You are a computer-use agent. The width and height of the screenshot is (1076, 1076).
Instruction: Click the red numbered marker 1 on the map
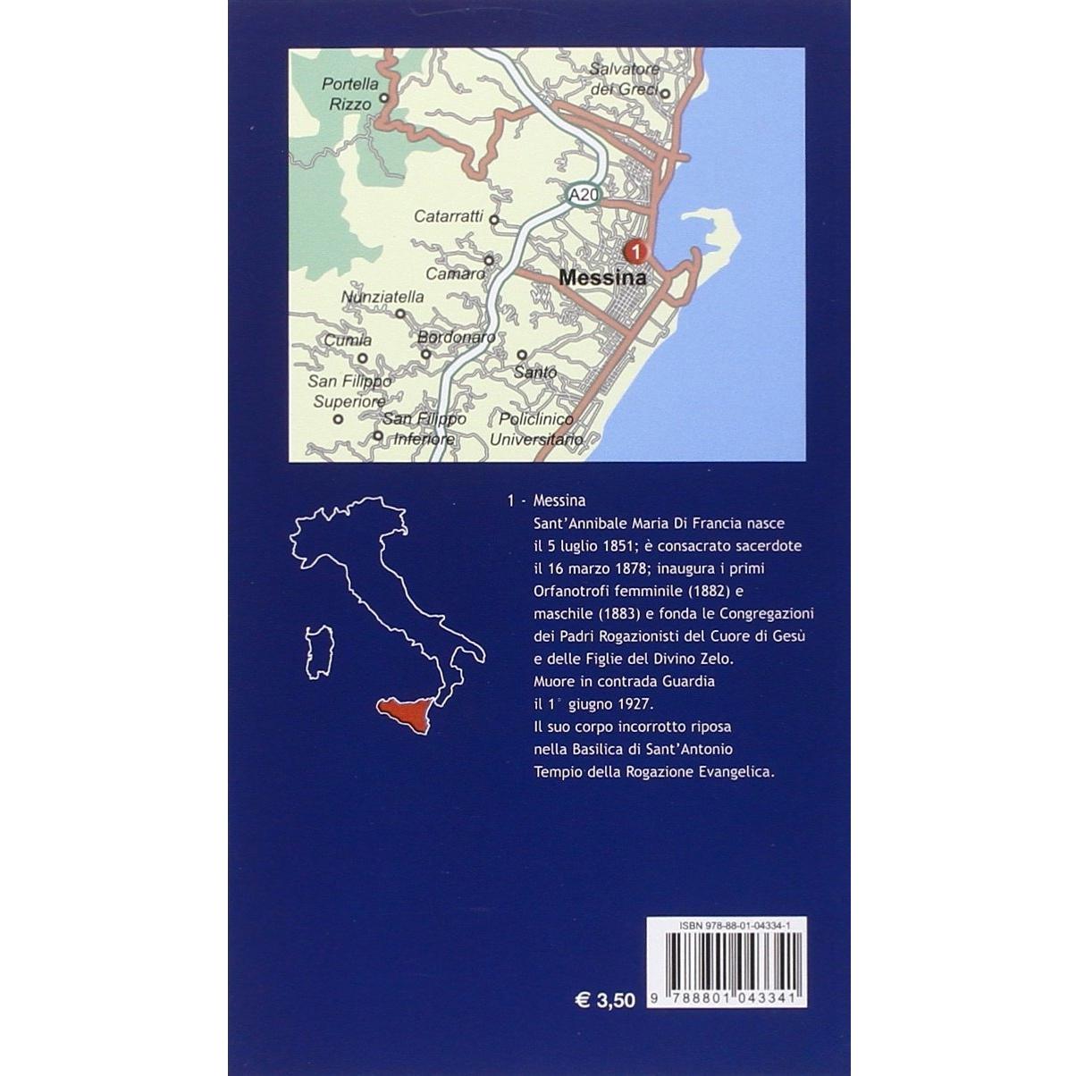[x=635, y=252]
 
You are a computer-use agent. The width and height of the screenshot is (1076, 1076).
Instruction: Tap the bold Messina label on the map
[x=602, y=278]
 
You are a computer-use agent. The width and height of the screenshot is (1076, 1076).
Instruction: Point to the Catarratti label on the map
[x=449, y=216]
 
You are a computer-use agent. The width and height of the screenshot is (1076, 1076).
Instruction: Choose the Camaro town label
[x=455, y=273]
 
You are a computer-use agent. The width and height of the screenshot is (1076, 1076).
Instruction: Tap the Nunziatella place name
[x=382, y=298]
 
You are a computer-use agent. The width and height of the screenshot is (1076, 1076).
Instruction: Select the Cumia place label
[x=348, y=340]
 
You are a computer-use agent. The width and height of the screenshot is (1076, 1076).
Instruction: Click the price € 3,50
[x=605, y=999]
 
